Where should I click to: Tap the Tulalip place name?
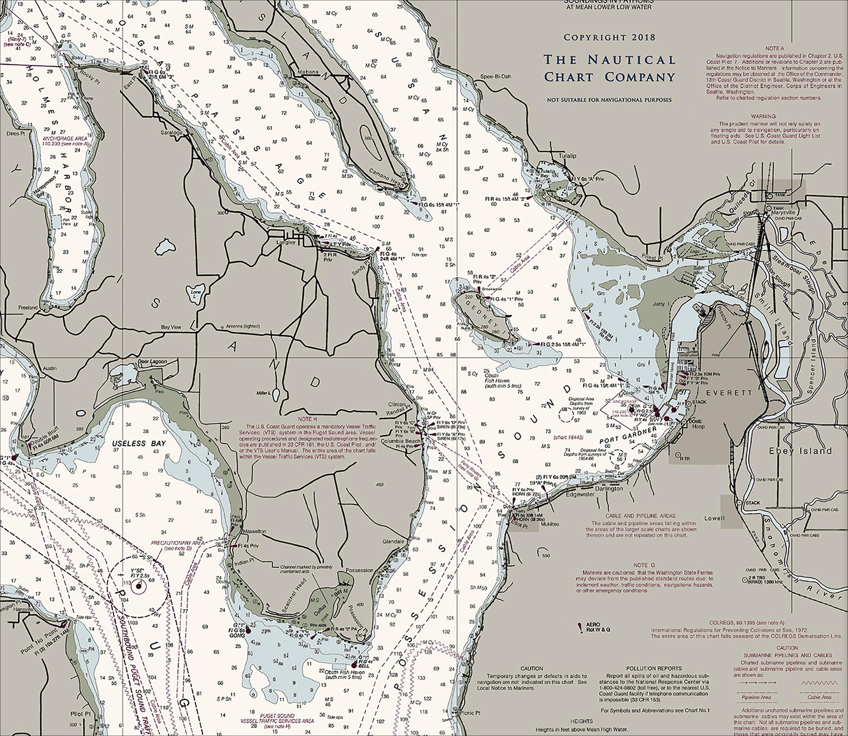[x=567, y=156]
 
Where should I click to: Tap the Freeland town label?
[x=28, y=307]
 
